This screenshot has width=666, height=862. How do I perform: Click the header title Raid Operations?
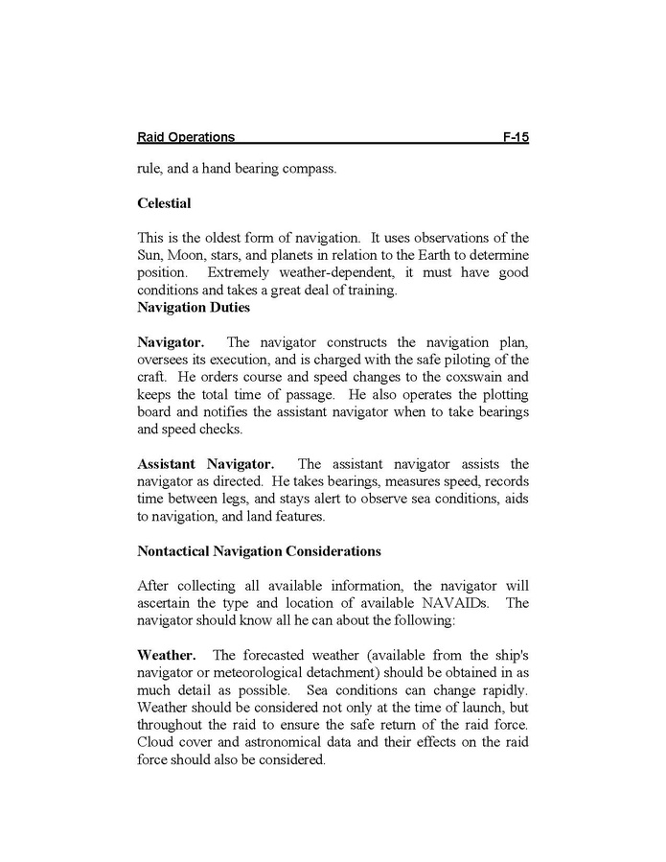pos(186,138)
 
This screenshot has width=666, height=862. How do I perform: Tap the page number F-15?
pos(515,138)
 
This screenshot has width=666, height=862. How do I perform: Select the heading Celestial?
pos(164,203)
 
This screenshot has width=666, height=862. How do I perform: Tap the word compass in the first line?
pos(309,170)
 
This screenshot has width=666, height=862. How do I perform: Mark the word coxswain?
pos(458,377)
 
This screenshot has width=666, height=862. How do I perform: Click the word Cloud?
pos(156,743)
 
